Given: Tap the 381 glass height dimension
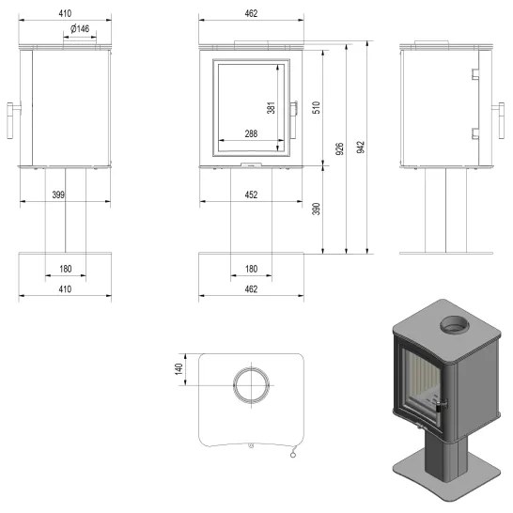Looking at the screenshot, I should pyautogui.click(x=272, y=108).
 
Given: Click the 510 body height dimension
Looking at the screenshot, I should pyautogui.click(x=317, y=107).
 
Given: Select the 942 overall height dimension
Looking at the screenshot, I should pyautogui.click(x=361, y=148).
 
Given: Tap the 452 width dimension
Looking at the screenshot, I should pyautogui.click(x=251, y=194).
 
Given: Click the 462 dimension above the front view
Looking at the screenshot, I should pyautogui.click(x=251, y=14).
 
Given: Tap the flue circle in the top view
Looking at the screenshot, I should pyautogui.click(x=251, y=384).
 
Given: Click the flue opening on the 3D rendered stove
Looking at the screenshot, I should pyautogui.click(x=453, y=326).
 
